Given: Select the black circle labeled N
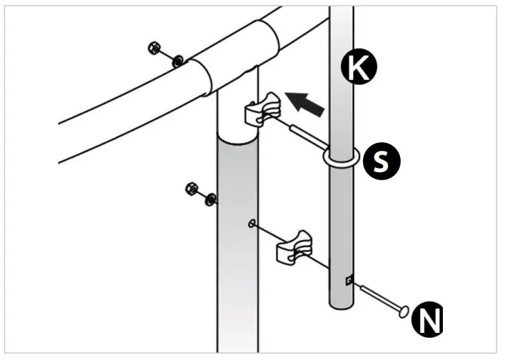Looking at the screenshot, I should (x=427, y=320).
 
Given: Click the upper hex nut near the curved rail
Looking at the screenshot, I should (x=155, y=49).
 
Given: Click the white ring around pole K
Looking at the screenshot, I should (x=340, y=157).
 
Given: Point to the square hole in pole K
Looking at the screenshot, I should (x=349, y=280).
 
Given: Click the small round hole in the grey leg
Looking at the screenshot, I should (x=252, y=223).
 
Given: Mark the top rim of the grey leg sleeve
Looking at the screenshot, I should (x=237, y=139).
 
